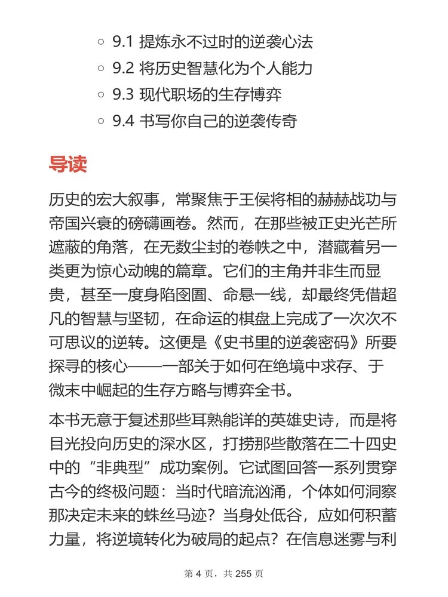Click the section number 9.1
click(x=122, y=42)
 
